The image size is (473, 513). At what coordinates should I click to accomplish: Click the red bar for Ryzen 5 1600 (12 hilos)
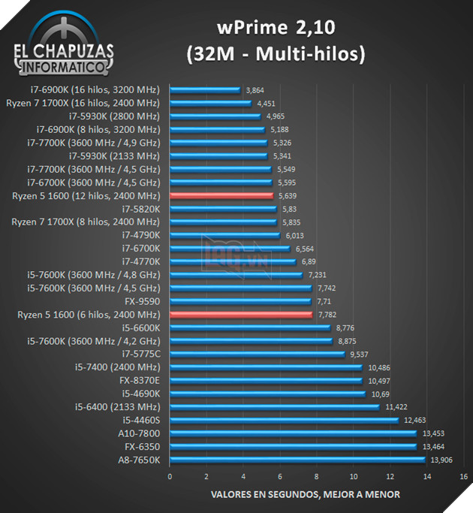click(221, 195)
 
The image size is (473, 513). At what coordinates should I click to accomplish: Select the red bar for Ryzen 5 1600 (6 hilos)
click(241, 315)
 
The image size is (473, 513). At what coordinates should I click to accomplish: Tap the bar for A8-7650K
click(297, 460)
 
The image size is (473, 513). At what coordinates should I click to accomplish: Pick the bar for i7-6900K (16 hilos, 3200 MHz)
click(205, 89)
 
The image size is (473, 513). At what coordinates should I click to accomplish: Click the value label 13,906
click(442, 460)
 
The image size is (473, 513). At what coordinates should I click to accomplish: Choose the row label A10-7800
click(138, 433)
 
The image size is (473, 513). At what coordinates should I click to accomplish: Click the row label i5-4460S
click(140, 420)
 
